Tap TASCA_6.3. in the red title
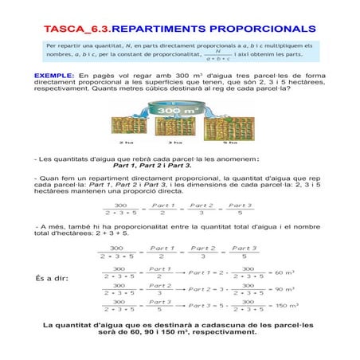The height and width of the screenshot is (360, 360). [76, 28]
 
